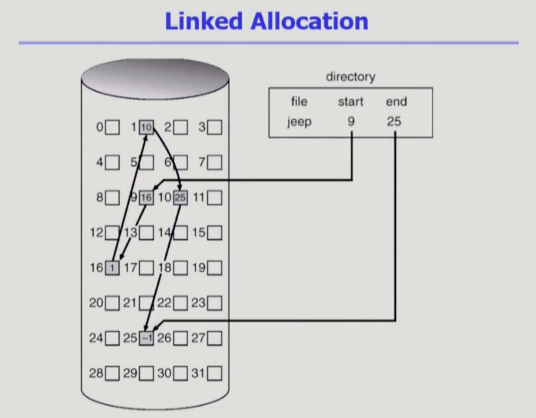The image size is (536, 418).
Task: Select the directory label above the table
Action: [x=350, y=77]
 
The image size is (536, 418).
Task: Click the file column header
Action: [x=299, y=101]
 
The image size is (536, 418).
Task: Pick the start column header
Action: [x=350, y=101]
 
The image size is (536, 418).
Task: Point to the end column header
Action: [x=396, y=101]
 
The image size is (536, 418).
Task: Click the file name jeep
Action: [x=299, y=122]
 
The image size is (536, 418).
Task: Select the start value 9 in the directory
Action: [x=351, y=121]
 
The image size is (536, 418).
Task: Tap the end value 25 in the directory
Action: [x=394, y=121]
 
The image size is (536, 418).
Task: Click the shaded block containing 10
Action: [x=146, y=127]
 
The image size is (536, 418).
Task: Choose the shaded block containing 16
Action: [x=146, y=197]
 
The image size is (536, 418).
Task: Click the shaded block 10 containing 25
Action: [x=180, y=197]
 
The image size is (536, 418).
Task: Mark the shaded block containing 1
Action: [x=112, y=268]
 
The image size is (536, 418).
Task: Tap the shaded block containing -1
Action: [x=146, y=338]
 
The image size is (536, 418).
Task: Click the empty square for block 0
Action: [x=112, y=127]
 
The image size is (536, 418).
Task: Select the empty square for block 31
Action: [x=214, y=373]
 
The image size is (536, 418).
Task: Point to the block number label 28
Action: [x=96, y=373]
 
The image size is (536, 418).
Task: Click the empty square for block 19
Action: [x=214, y=268]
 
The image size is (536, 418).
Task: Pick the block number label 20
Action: [x=96, y=302]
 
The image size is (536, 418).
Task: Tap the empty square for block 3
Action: [x=214, y=127]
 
